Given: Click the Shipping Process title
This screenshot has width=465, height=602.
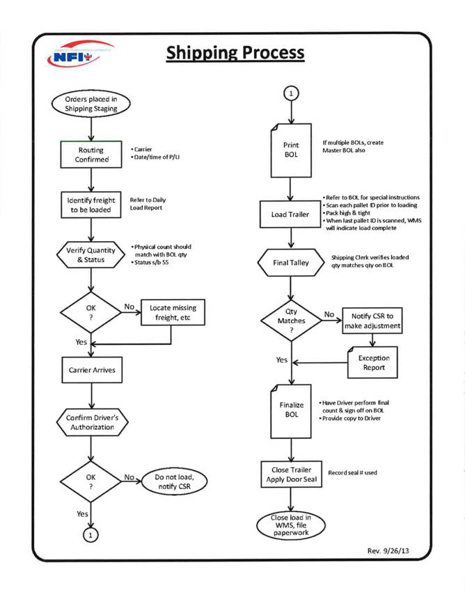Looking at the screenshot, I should [x=235, y=52].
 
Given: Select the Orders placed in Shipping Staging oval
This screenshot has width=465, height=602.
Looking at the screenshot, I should [x=91, y=104].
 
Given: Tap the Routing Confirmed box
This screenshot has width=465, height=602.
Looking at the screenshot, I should [x=91, y=154].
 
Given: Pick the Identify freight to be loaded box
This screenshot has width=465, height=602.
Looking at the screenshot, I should [x=91, y=204].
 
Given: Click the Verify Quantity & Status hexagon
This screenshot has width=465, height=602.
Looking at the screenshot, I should [x=91, y=255].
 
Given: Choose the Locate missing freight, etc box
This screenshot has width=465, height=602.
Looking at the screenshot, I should [x=173, y=312].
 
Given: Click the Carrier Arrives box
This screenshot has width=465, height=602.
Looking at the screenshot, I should [x=91, y=370].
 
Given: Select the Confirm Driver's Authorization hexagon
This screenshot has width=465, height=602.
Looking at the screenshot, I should [x=91, y=422].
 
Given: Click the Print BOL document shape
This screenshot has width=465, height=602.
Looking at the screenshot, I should [x=291, y=150].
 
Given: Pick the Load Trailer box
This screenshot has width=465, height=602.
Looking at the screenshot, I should [x=291, y=214].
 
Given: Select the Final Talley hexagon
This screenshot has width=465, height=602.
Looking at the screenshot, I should [x=291, y=264].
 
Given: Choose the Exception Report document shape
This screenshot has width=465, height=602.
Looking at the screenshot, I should [x=373, y=362].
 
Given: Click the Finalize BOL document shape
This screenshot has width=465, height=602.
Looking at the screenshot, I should [x=291, y=410].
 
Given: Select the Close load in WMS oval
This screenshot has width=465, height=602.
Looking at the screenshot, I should [x=291, y=524].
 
